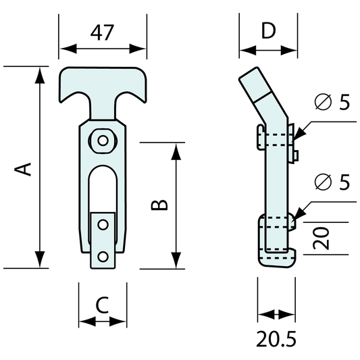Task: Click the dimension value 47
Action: pyautogui.click(x=103, y=32)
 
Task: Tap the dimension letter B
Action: pyautogui.click(x=157, y=205)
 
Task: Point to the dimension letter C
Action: pyautogui.click(x=102, y=305)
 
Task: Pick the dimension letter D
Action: pyautogui.click(x=268, y=31)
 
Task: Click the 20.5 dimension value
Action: pyautogui.click(x=276, y=338)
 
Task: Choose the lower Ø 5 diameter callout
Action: pyautogui.click(x=333, y=182)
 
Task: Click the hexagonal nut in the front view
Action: pyautogui.click(x=103, y=140)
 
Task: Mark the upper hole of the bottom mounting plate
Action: pyautogui.click(x=103, y=223)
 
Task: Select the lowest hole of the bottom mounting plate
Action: pyautogui.click(x=103, y=256)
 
